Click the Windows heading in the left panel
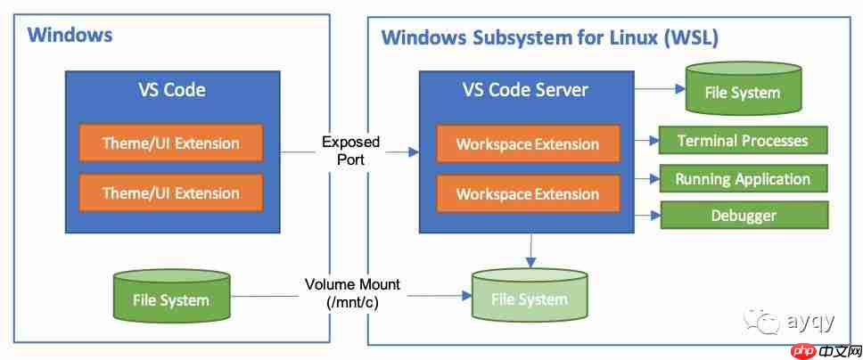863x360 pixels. (x=70, y=36)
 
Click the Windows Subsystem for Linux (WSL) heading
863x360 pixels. (x=550, y=38)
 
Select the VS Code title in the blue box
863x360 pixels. (x=172, y=90)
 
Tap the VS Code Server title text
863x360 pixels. (x=525, y=89)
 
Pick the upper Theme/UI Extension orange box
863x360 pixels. (x=171, y=143)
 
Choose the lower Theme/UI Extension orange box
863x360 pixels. (x=171, y=192)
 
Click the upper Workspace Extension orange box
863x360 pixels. (x=528, y=144)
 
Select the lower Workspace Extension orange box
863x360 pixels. (x=528, y=193)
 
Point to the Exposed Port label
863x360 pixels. (x=350, y=151)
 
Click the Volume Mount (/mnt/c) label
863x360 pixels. (x=352, y=293)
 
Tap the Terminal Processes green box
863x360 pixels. (x=743, y=141)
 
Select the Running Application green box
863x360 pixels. (x=743, y=179)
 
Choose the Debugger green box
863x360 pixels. (x=744, y=216)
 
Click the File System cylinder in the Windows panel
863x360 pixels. (x=170, y=296)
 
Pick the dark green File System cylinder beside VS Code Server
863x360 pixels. (x=743, y=88)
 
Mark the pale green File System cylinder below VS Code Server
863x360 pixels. (x=530, y=295)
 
